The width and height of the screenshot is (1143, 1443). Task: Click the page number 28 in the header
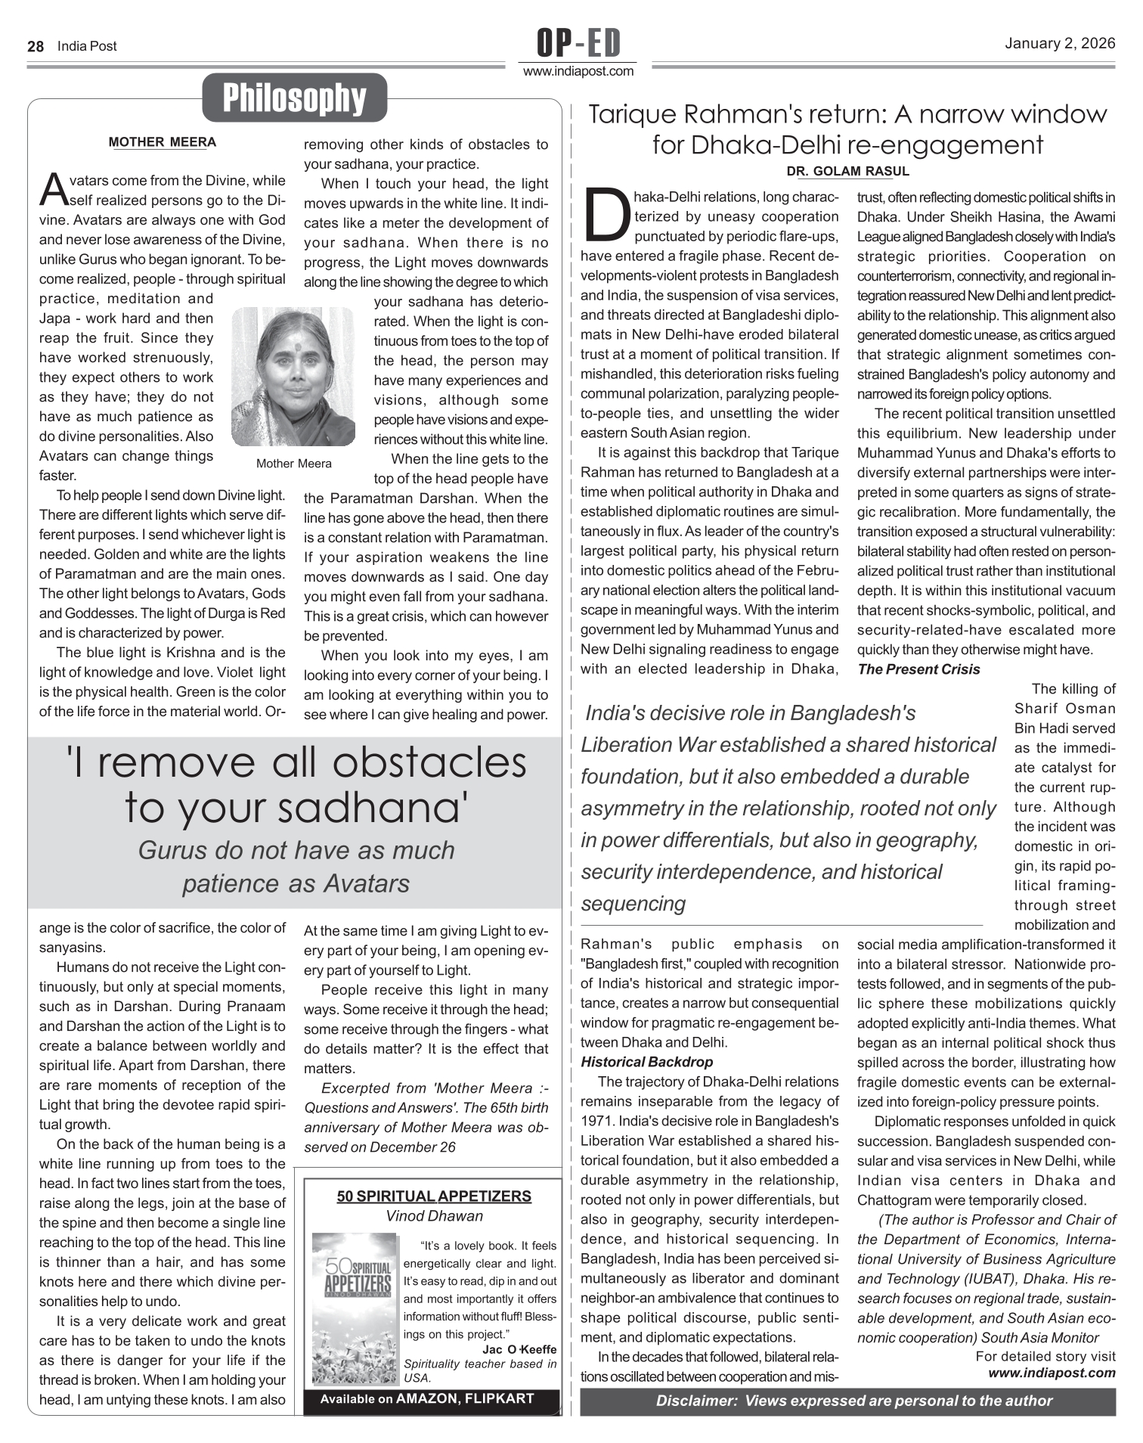36,46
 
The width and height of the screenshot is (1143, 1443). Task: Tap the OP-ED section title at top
578,43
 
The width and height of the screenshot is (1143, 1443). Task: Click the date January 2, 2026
1059,43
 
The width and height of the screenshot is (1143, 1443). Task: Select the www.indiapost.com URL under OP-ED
578,72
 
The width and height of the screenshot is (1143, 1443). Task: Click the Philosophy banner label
294,98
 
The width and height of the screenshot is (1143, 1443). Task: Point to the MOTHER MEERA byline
162,142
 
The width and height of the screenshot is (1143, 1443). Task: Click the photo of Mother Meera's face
293,376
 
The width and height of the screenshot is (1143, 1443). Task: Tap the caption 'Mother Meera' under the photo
293,464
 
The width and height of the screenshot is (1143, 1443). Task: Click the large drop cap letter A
53,191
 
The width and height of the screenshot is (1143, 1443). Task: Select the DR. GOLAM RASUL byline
847,172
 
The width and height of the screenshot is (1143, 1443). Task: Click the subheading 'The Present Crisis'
918,669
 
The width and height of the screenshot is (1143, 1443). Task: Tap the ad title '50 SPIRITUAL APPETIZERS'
434,1196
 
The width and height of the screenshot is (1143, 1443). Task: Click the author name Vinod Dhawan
434,1216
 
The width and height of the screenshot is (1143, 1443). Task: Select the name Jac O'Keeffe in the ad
519,1349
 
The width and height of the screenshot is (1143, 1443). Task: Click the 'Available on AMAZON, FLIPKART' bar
427,1398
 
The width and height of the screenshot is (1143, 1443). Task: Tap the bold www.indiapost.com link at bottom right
1052,1373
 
